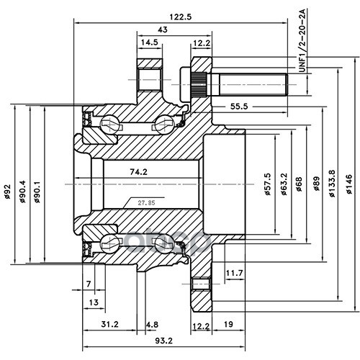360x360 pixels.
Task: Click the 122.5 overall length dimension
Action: [x=181, y=17]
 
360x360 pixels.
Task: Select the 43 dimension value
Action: [x=163, y=30]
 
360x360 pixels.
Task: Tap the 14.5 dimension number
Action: [x=149, y=42]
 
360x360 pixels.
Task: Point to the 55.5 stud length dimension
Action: [x=239, y=106]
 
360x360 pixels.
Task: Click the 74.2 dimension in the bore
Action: [x=138, y=172]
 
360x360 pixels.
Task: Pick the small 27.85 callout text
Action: [x=146, y=203]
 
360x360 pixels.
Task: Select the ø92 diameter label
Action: [x=8, y=192]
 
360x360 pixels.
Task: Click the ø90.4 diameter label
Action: [x=22, y=192]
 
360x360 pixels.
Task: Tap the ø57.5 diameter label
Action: [x=268, y=184]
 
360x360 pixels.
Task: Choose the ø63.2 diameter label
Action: [x=284, y=184]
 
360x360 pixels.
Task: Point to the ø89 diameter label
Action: [x=317, y=184]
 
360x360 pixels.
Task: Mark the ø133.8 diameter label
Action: [x=332, y=184]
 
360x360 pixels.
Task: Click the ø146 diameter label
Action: [x=348, y=184]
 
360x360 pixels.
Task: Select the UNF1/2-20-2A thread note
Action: [x=302, y=41]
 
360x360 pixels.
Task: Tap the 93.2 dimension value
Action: [x=163, y=341]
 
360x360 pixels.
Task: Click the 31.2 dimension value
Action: [x=109, y=324]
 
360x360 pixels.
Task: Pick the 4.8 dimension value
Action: [x=153, y=325]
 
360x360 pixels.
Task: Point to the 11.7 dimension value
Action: [x=235, y=273]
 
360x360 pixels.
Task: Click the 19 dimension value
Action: [x=228, y=324]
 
